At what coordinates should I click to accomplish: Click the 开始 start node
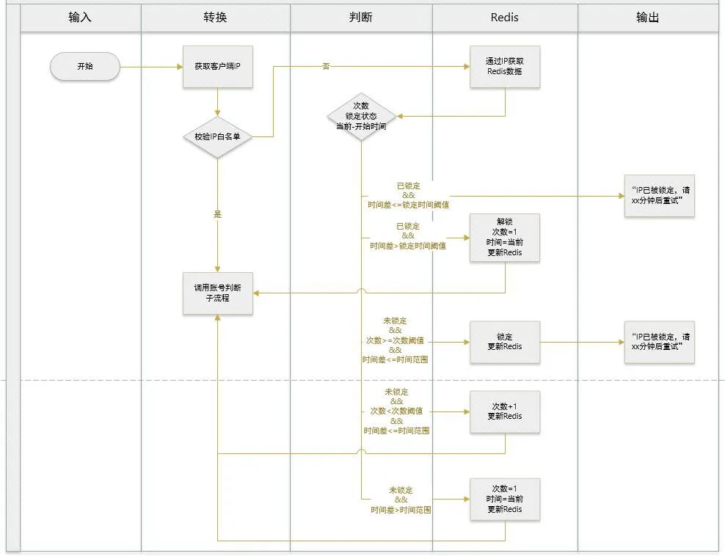click(x=84, y=67)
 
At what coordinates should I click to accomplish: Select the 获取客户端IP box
click(x=217, y=67)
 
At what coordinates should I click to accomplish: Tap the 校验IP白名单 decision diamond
click(x=217, y=136)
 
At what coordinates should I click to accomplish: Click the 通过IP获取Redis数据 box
click(x=505, y=67)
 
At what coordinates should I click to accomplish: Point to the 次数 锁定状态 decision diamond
click(x=361, y=116)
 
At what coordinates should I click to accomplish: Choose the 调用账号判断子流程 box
click(x=217, y=293)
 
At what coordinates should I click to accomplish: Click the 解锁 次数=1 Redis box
click(x=505, y=238)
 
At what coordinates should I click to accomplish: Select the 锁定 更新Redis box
click(x=505, y=342)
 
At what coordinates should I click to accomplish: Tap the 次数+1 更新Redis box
click(x=505, y=411)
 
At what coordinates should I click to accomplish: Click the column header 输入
click(x=80, y=18)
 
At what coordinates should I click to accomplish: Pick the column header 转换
click(x=215, y=18)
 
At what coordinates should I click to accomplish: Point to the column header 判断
click(x=361, y=18)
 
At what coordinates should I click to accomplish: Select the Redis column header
click(x=505, y=18)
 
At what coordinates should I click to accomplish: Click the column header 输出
click(x=648, y=18)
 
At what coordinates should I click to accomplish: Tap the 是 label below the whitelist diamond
click(x=217, y=215)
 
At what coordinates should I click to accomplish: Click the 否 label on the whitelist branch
click(x=326, y=67)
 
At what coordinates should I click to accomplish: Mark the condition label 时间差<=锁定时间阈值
click(x=409, y=205)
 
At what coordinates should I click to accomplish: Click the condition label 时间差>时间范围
click(x=401, y=509)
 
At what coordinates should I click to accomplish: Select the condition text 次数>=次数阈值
click(x=395, y=340)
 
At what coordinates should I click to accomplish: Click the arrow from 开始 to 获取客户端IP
click(x=151, y=67)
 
